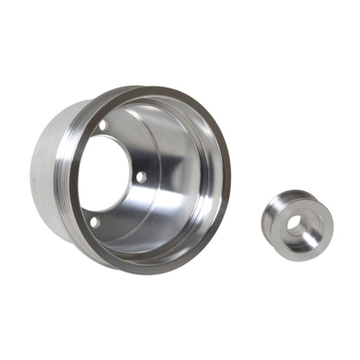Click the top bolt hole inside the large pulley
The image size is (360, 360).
pyautogui.click(x=103, y=125)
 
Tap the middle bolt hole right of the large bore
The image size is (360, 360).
pyautogui.click(x=140, y=177)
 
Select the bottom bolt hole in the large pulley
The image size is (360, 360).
pyautogui.click(x=93, y=222)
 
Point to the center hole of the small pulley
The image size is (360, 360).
pyautogui.click(x=295, y=223)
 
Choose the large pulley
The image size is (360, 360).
pyautogui.click(x=130, y=173)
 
